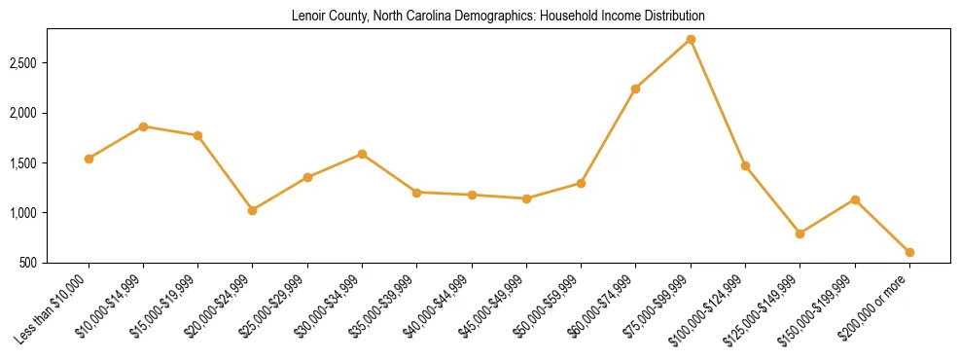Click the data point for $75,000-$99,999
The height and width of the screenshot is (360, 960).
click(x=691, y=39)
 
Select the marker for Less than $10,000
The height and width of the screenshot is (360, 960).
click(x=89, y=159)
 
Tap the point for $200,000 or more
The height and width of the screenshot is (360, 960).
click(x=909, y=252)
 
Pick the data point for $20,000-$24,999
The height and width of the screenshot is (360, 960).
click(x=253, y=210)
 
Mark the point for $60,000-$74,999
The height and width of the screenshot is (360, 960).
click(x=635, y=89)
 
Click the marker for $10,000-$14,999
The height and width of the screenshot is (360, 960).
click(x=143, y=126)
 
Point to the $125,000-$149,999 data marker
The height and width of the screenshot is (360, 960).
click(x=800, y=234)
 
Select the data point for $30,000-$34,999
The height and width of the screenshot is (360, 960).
click(x=362, y=154)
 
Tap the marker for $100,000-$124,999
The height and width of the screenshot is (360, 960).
click(x=745, y=165)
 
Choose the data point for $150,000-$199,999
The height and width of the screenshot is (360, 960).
click(x=855, y=199)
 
